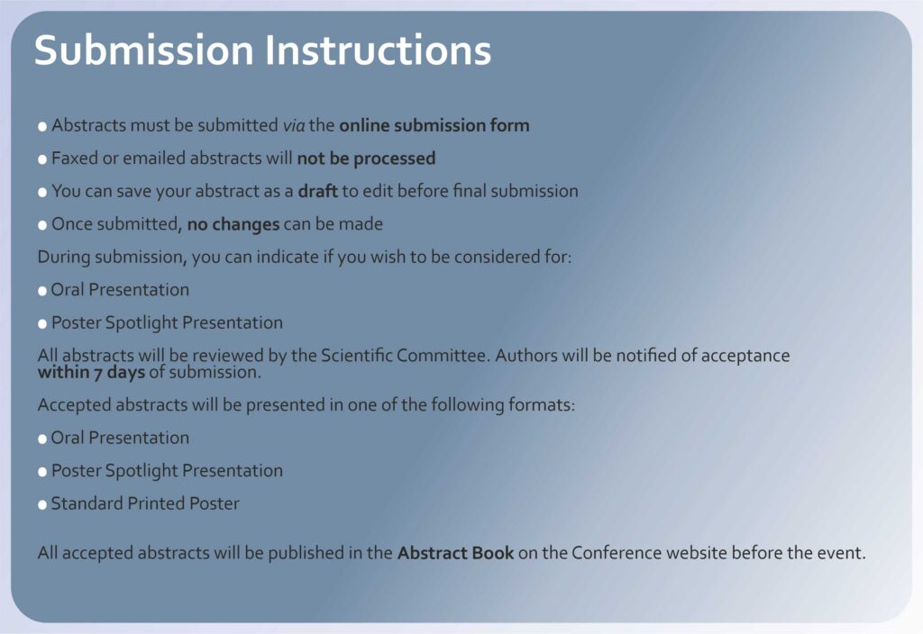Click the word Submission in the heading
click(x=143, y=50)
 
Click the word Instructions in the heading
click(x=378, y=50)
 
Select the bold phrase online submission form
click(x=434, y=125)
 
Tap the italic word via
click(x=294, y=125)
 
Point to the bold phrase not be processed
click(x=366, y=158)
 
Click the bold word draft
click(x=318, y=191)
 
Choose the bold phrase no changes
click(x=233, y=224)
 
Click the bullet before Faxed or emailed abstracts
click(x=42, y=159)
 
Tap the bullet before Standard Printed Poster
click(x=42, y=504)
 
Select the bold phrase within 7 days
click(x=91, y=372)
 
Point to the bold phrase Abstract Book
click(x=455, y=553)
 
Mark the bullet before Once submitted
click(x=42, y=225)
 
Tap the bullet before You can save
click(x=42, y=193)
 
